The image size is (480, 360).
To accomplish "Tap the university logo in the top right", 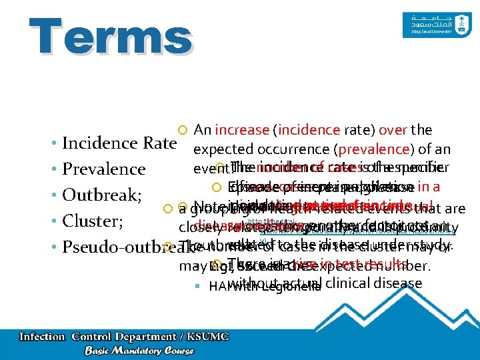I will (x=429, y=27).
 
